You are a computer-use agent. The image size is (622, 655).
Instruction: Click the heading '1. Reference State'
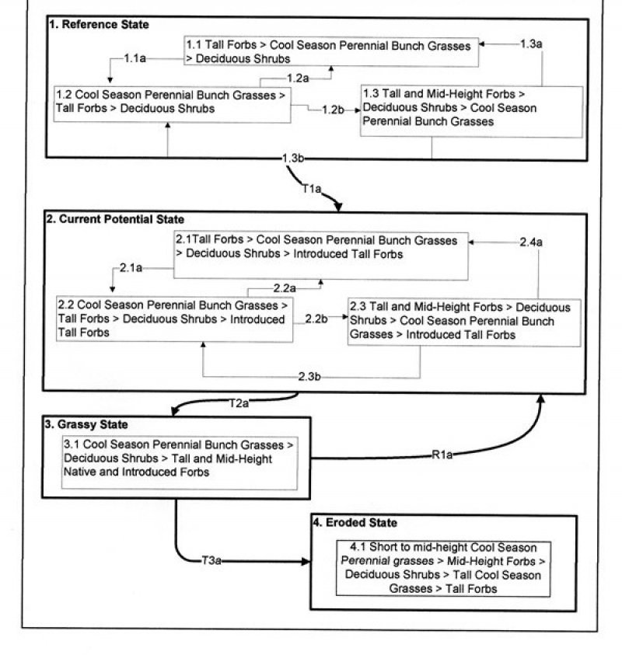(99, 25)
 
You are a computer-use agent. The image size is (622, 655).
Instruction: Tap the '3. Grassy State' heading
(86, 425)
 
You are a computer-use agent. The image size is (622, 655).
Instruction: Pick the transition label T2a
(239, 403)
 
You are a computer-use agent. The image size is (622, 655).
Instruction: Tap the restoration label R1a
(442, 455)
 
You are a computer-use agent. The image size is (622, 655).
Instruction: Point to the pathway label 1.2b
(333, 110)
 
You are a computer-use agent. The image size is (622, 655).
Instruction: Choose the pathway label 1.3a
(531, 44)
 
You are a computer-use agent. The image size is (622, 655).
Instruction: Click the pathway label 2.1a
(131, 268)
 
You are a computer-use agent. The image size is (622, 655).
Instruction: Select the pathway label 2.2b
(316, 318)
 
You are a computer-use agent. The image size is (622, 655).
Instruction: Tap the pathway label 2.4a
(531, 242)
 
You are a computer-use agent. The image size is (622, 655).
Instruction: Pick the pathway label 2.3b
(310, 377)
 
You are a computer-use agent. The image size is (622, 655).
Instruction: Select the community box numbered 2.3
(464, 321)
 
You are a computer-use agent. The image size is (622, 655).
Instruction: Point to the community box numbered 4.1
(442, 568)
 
